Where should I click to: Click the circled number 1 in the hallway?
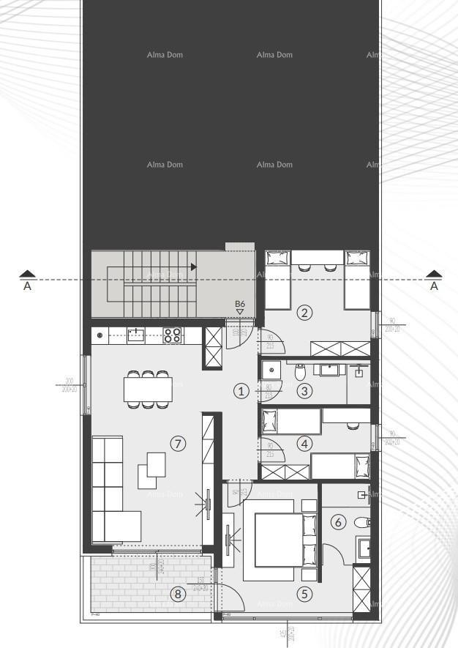[x=241, y=391]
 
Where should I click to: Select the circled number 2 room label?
[x=305, y=313]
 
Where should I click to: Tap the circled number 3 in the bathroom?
[x=305, y=391]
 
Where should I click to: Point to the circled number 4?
[x=305, y=443]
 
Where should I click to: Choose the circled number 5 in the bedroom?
[x=305, y=594]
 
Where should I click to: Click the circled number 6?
[x=337, y=522]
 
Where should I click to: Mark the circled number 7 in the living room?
[x=177, y=443]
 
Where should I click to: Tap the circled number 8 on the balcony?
[x=177, y=594]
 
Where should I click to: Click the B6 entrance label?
[x=239, y=304]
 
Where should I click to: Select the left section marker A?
[x=27, y=281]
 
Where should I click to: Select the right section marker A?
[x=435, y=281]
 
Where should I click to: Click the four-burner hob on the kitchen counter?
[x=172, y=335]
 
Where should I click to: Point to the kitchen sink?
[x=135, y=335]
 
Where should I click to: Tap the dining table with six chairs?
[x=148, y=389]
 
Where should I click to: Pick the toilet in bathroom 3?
[x=300, y=373]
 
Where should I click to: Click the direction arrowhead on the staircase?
[x=193, y=267]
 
